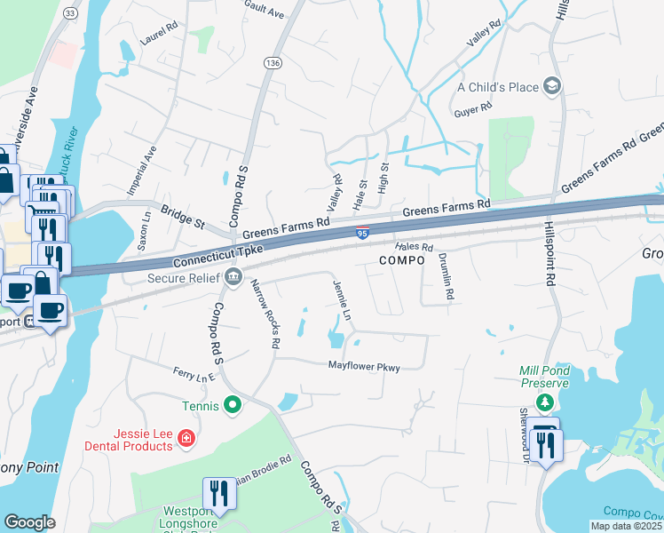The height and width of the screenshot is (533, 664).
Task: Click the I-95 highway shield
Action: point(362,234)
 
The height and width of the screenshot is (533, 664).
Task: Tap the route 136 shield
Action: point(272,63)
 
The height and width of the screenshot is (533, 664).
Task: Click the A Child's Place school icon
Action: point(552,86)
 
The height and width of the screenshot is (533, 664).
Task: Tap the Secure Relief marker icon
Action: point(233,276)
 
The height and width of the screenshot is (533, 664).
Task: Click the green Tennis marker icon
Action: point(233,406)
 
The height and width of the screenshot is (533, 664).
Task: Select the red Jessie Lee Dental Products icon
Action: point(186,437)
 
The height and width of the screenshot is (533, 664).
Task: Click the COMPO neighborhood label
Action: point(404,260)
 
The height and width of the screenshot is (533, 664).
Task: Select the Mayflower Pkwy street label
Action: point(364,366)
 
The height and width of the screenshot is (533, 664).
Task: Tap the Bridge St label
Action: point(183,215)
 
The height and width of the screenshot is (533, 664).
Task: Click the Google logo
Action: point(29,522)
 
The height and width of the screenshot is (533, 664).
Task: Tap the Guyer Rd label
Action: point(473,109)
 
